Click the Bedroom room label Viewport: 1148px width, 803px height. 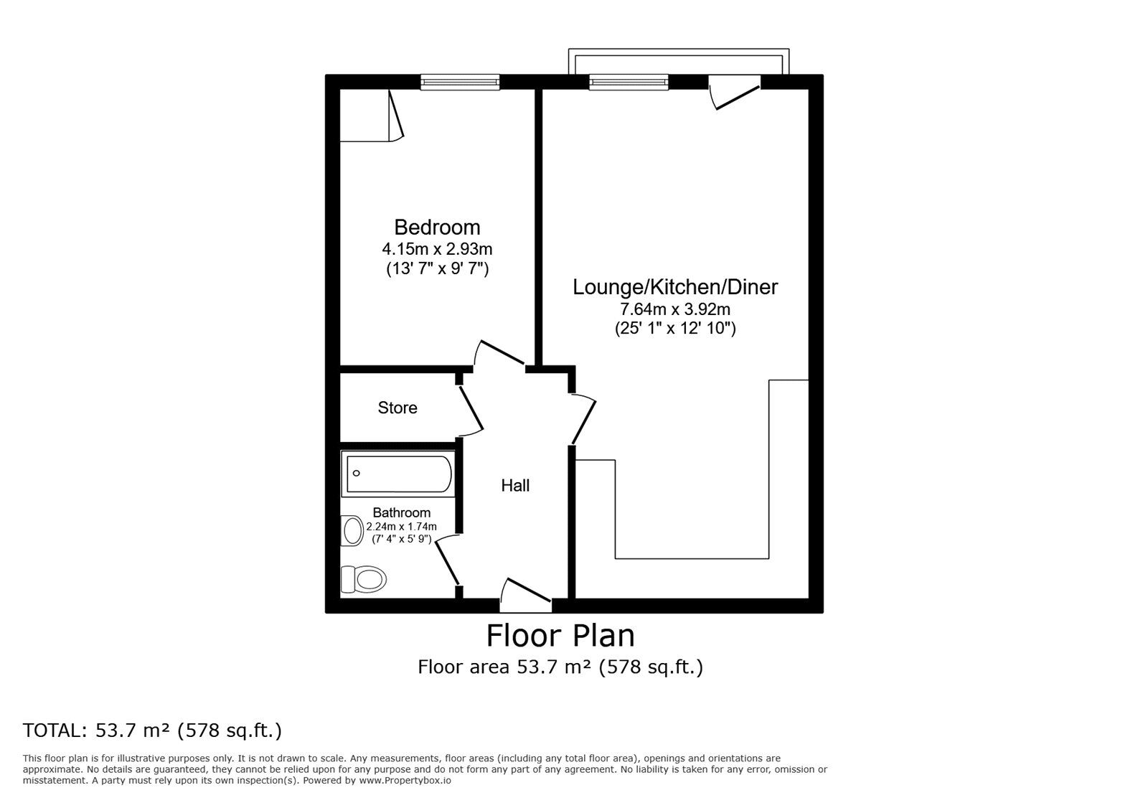tap(437, 227)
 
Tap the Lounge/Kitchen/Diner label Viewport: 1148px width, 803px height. tap(675, 287)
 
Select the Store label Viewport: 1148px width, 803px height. tap(397, 408)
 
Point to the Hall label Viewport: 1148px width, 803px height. tap(515, 485)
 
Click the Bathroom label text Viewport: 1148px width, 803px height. tap(401, 512)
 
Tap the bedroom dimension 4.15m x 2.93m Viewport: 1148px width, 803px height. tap(437, 250)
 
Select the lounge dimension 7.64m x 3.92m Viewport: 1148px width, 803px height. tap(675, 309)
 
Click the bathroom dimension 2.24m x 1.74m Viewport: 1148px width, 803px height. tap(401, 526)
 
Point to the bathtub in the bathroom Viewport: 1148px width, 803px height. tap(398, 474)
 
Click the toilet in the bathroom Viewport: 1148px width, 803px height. tap(363, 579)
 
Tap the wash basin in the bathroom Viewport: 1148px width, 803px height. tap(352, 530)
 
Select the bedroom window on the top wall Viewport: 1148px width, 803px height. tap(460, 82)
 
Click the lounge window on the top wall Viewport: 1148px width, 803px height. tap(629, 82)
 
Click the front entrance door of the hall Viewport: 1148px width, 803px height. tap(526, 596)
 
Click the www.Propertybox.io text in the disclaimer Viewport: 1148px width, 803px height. tap(405, 781)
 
